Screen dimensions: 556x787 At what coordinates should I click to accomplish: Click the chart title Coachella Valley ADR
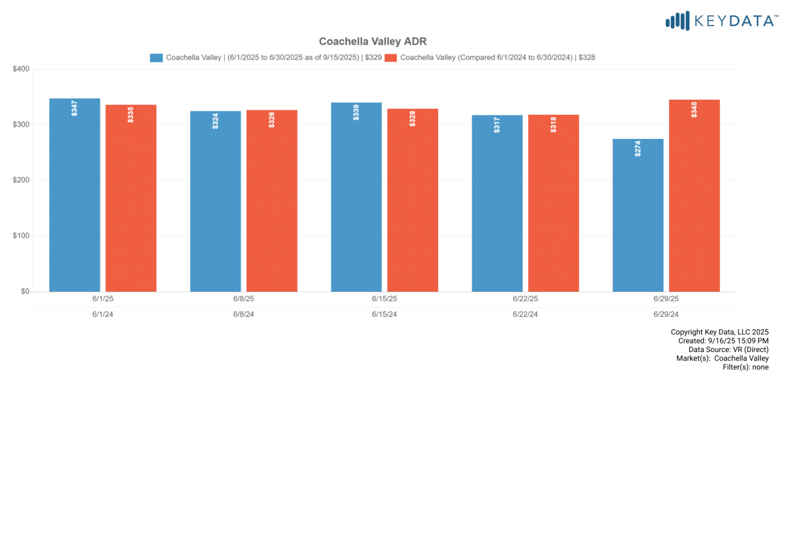[373, 41]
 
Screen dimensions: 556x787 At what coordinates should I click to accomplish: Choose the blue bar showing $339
[356, 197]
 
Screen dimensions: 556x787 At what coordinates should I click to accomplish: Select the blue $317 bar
[497, 203]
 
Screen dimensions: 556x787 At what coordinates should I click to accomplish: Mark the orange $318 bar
[554, 203]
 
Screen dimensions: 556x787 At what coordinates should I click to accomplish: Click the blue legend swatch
[156, 58]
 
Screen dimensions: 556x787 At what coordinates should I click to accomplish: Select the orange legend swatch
[391, 58]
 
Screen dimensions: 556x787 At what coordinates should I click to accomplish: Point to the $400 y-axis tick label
[22, 69]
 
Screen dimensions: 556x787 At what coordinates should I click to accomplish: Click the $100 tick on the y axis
[22, 236]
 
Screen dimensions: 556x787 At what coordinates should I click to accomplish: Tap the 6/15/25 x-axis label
[384, 298]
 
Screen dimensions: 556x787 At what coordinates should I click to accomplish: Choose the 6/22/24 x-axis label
[525, 314]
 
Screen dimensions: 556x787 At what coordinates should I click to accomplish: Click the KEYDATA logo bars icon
[677, 21]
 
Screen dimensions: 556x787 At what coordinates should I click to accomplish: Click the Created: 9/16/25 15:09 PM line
[723, 341]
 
